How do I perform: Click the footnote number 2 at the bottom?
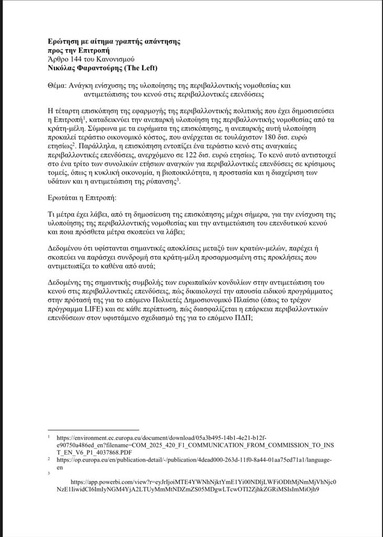click(49, 458)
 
